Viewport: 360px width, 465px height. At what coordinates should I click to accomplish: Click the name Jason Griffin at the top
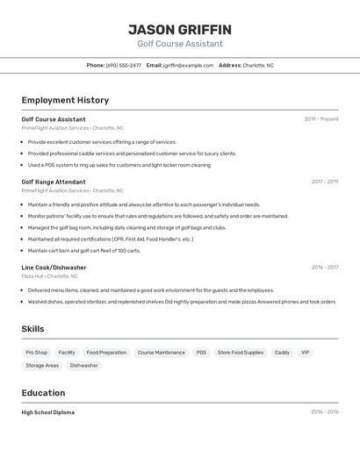click(180, 29)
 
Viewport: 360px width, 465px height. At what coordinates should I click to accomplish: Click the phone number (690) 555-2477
click(124, 65)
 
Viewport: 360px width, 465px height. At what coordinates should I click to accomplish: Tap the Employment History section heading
click(65, 100)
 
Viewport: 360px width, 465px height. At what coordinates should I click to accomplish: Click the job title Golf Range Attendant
click(54, 182)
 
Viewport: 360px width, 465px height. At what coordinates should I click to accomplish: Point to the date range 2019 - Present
click(321, 119)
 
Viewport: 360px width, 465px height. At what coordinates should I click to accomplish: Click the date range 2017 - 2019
click(324, 182)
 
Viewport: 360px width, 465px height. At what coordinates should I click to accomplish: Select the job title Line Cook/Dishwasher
click(54, 268)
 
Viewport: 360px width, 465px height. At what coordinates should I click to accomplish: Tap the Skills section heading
click(32, 329)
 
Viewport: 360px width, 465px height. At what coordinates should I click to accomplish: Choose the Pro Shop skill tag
click(37, 353)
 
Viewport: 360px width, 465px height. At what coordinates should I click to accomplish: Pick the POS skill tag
click(201, 353)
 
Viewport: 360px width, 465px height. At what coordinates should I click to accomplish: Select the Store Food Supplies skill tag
click(241, 353)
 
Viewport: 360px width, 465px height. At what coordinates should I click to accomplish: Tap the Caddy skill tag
click(282, 353)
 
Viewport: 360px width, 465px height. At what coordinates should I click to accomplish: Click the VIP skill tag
click(306, 353)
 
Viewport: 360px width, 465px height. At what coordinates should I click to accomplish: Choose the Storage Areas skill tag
click(42, 365)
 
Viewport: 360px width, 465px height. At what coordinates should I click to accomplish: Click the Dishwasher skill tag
click(84, 365)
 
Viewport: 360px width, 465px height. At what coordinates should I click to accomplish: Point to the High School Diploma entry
click(48, 412)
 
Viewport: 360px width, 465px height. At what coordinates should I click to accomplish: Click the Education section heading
click(43, 393)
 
